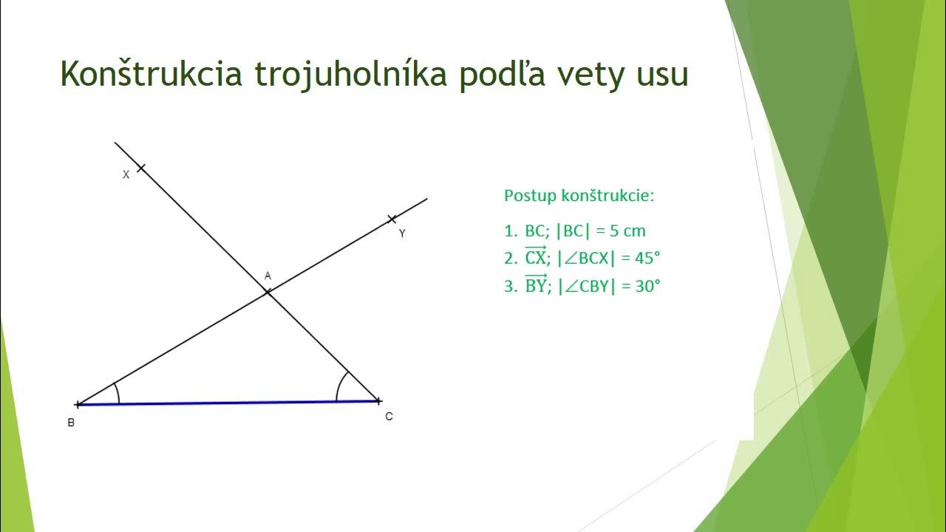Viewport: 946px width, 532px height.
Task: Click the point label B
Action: pyautogui.click(x=71, y=423)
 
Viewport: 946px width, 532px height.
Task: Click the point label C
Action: pyautogui.click(x=389, y=417)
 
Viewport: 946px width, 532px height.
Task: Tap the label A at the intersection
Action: pyautogui.click(x=268, y=276)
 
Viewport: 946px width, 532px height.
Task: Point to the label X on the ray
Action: pyautogui.click(x=126, y=175)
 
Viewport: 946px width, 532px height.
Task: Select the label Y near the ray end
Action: pyautogui.click(x=402, y=233)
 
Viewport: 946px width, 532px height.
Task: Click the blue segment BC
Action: pyautogui.click(x=229, y=403)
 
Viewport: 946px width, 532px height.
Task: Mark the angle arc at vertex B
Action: pyautogui.click(x=117, y=393)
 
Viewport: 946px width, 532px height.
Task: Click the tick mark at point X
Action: pyautogui.click(x=140, y=168)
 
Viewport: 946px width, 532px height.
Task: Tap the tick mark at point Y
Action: pyautogui.click(x=392, y=219)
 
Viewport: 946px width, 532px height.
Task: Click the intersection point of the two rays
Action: pyautogui.click(x=268, y=293)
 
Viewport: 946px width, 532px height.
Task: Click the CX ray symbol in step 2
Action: pyautogui.click(x=535, y=257)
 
